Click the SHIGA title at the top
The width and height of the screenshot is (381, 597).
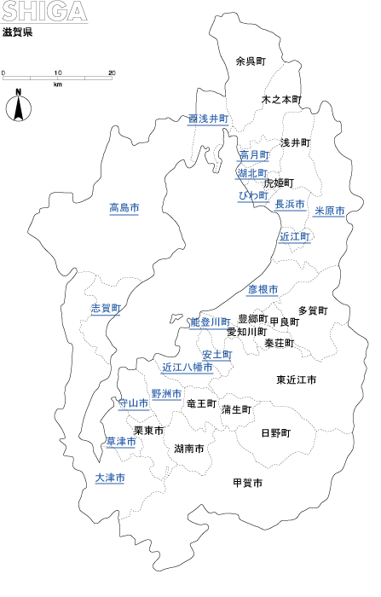[44, 11]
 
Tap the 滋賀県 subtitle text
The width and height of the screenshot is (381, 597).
[18, 32]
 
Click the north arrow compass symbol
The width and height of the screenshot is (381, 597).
[18, 106]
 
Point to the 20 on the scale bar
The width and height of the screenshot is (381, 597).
[112, 73]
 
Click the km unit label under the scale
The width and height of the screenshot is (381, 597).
[57, 84]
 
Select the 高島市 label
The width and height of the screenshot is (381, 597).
[124, 208]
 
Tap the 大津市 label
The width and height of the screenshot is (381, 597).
[110, 478]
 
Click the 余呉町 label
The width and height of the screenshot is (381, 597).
[251, 61]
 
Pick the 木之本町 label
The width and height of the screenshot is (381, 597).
[281, 100]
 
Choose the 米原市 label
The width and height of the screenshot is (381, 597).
[329, 211]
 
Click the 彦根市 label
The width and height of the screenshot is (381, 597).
[263, 290]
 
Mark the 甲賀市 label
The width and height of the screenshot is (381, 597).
[247, 484]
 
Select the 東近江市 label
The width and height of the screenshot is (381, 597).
[297, 380]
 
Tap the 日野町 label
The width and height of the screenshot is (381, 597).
[276, 433]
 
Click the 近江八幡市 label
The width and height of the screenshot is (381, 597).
[188, 368]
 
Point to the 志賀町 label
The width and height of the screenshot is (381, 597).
[106, 309]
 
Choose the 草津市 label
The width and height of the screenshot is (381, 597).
[121, 442]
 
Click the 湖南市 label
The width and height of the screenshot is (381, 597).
[188, 449]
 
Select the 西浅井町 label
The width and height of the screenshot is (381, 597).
[209, 119]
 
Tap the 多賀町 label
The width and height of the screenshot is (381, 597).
[313, 310]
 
